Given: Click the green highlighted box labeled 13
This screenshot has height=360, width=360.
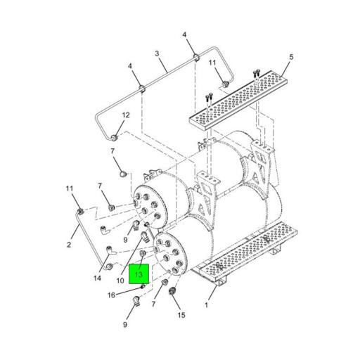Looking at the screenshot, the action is tap(139, 274).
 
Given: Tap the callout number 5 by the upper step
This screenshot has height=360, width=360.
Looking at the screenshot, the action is tap(291, 57).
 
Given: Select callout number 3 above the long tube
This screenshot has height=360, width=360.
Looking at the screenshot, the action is tap(157, 53).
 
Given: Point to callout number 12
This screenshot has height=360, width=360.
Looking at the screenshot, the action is tap(126, 115).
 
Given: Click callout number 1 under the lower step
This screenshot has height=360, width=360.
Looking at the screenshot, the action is tap(206, 305).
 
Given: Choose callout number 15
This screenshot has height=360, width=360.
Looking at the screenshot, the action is tap(181, 315).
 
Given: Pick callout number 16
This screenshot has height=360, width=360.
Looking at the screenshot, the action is tap(111, 295).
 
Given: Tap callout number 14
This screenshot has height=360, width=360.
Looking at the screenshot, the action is tap(97, 278).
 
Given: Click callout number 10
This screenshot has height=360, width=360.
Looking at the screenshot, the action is tap(120, 281).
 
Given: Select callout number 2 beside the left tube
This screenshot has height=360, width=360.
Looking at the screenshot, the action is tap(69, 245).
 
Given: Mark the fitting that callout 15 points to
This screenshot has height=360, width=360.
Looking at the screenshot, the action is tap(172, 291).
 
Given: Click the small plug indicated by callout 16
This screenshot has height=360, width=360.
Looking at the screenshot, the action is tap(143, 286).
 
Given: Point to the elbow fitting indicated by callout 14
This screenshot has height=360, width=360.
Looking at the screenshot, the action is tap(111, 250).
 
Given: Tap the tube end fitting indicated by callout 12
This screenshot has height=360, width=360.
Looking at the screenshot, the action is tap(115, 138).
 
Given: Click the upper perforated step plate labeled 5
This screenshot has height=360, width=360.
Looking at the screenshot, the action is tap(238, 99).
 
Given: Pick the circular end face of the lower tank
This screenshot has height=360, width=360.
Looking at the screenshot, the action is tap(169, 254).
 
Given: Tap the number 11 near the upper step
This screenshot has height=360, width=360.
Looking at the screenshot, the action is tap(212, 63).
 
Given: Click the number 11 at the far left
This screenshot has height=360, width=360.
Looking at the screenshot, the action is tap(70, 188).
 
